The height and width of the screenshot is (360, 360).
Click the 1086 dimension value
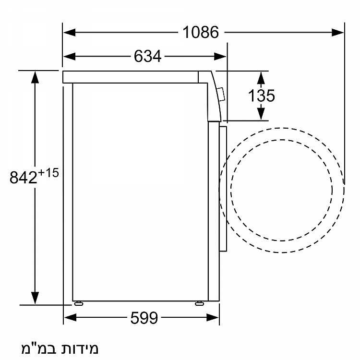(201, 32)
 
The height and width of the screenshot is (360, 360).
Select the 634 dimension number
(148, 56)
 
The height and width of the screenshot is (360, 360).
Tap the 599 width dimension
(144, 318)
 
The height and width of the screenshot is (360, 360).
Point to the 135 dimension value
(261, 96)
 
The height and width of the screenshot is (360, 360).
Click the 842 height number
(23, 177)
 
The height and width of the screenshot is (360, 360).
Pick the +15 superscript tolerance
(48, 173)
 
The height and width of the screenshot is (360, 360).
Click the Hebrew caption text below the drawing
(60, 348)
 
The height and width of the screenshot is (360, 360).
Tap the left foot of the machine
(78, 303)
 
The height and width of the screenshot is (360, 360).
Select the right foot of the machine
(199, 303)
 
